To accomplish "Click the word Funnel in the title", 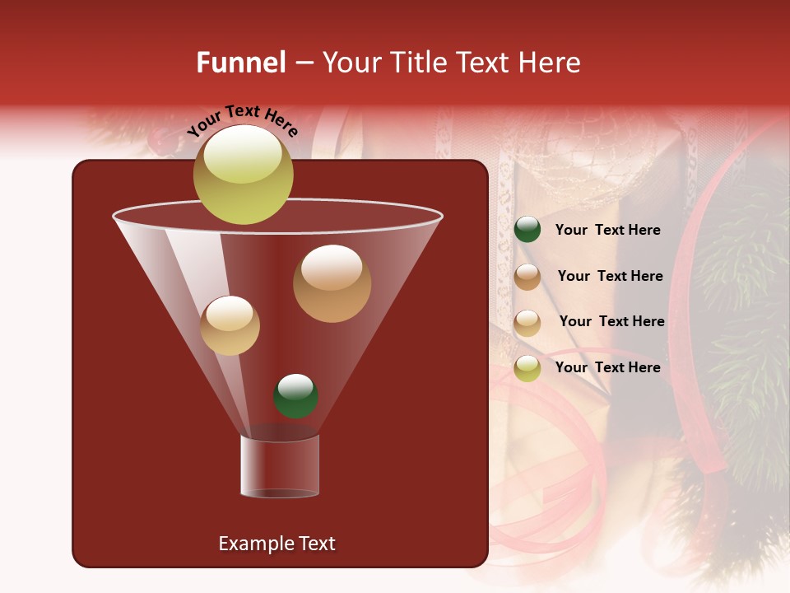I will coord(240,63).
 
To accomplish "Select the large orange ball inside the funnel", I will coord(332,283).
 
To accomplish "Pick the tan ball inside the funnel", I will coord(230,325).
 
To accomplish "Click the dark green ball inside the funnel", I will coord(295,396).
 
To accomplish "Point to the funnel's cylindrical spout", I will coord(280,466).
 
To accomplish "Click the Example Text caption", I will coord(277,544).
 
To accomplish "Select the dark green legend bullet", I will coord(527,230).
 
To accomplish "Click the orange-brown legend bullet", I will coord(527,277).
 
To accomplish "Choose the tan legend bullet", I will coord(527,323).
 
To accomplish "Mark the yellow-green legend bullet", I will coord(527,368).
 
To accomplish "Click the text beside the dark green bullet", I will coord(607,231).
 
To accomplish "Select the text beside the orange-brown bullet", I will coord(610,277).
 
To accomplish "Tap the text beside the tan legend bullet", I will coord(611,322).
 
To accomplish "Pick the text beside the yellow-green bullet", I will coord(607,367).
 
